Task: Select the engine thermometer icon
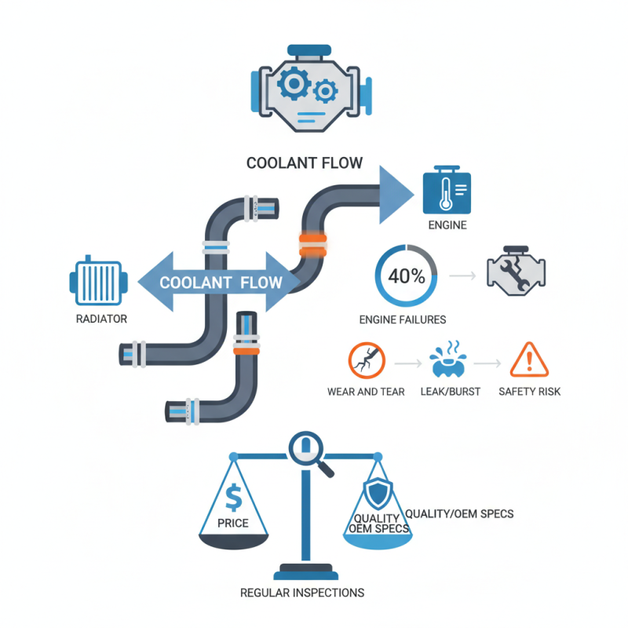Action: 447,191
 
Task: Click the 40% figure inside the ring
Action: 407,276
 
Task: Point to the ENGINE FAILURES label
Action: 402,319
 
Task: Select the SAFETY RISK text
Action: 529,391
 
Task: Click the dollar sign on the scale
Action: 233,496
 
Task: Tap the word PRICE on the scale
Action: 232,523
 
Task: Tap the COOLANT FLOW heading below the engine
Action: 305,163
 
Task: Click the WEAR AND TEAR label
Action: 366,391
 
